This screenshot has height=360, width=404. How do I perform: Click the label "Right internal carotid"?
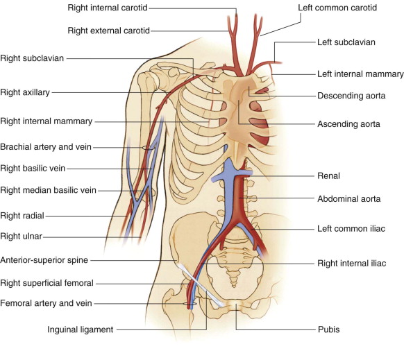click(x=108, y=8)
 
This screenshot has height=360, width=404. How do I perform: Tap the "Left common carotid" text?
click(x=337, y=8)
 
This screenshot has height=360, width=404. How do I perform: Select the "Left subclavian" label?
click(x=346, y=42)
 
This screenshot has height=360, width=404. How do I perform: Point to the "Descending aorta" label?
click(x=351, y=96)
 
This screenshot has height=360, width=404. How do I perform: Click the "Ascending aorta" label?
click(x=348, y=124)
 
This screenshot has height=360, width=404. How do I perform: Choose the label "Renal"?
click(x=328, y=176)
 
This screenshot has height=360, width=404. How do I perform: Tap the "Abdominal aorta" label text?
click(x=349, y=199)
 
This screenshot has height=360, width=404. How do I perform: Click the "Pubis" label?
click(x=329, y=329)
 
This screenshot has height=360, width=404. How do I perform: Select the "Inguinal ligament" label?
click(x=80, y=329)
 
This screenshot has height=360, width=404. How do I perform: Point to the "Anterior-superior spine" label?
click(x=44, y=260)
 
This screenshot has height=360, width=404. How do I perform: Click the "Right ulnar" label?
click(x=21, y=236)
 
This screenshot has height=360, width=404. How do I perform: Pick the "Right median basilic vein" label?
click(x=48, y=190)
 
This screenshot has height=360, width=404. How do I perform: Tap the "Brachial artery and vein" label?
click(x=46, y=147)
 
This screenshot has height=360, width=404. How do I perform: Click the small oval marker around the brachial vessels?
click(x=148, y=148)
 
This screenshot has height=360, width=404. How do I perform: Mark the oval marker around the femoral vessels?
click(x=190, y=304)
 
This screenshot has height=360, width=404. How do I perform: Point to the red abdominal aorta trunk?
click(x=239, y=196)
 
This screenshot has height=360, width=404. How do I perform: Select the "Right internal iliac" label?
click(x=351, y=264)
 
